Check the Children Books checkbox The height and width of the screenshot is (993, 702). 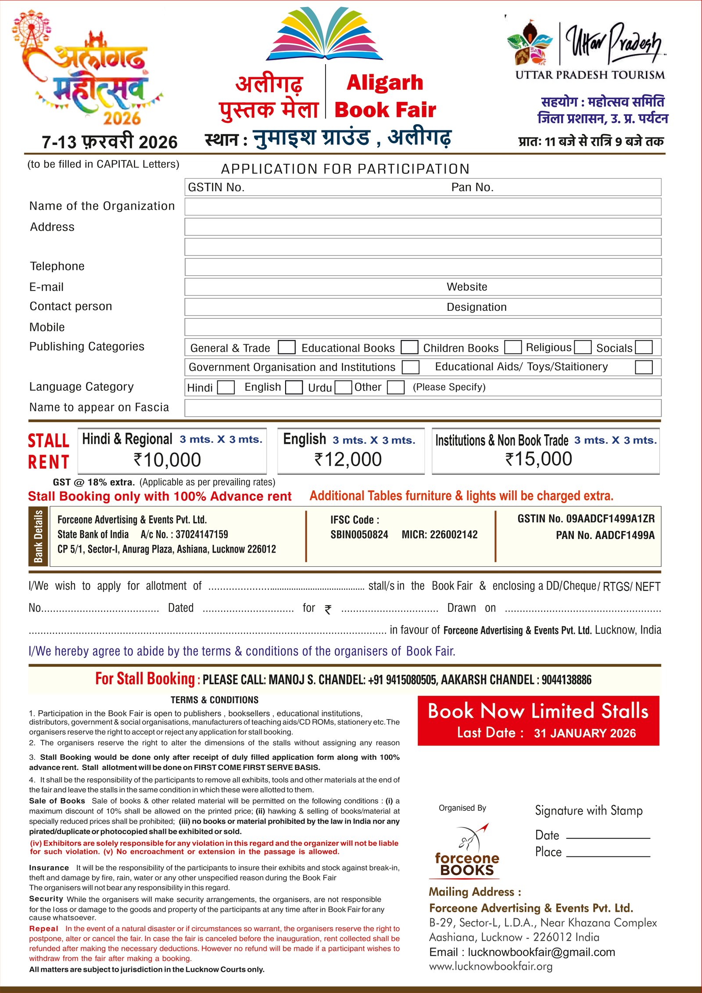(512, 347)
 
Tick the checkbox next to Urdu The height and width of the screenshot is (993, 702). (343, 387)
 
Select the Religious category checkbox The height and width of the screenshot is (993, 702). (583, 347)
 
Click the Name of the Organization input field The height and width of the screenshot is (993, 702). (423, 206)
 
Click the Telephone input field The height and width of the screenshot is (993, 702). (423, 266)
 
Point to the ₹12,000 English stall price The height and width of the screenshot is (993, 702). (348, 459)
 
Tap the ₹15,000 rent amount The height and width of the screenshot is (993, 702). (539, 459)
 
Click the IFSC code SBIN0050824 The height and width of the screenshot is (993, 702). (359, 534)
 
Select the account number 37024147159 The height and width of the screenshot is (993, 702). (201, 534)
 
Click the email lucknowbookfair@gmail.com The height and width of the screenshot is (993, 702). (541, 952)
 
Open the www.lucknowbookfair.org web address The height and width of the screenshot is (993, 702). (491, 966)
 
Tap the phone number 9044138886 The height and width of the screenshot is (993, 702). (566, 680)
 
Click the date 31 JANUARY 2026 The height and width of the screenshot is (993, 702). (584, 733)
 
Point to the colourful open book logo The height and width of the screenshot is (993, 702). (325, 34)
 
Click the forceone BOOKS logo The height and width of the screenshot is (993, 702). (467, 851)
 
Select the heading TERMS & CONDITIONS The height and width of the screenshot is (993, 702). (215, 700)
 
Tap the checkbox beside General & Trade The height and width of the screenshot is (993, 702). (287, 347)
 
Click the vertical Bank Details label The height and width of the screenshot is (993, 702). (39, 536)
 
